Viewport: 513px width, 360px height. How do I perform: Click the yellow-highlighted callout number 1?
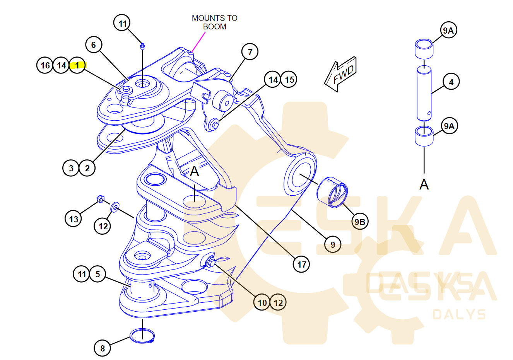(x=77, y=65)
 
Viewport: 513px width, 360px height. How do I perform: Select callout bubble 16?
(x=45, y=65)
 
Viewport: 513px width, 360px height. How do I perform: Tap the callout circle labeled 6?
(x=93, y=45)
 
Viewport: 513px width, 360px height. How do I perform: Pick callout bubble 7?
(x=250, y=52)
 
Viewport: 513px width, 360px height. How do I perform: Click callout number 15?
(x=289, y=80)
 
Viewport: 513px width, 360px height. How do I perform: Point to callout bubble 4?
(x=451, y=82)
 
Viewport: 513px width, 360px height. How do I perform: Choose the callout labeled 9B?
(x=360, y=222)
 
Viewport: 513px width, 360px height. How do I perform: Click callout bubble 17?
(x=302, y=264)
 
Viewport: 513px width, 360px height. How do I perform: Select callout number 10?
(x=262, y=302)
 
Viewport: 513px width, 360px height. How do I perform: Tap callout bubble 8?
(x=103, y=348)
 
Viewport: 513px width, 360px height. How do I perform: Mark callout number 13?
(x=74, y=219)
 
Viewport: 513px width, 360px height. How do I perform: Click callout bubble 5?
(x=97, y=274)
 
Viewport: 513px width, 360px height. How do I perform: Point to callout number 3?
(x=71, y=168)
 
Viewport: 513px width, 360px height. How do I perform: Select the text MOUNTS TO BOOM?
(x=214, y=22)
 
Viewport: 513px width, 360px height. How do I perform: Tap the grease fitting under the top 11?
(x=142, y=46)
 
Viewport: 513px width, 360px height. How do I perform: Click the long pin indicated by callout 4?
(x=424, y=93)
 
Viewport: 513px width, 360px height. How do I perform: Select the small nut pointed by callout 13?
(x=99, y=200)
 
